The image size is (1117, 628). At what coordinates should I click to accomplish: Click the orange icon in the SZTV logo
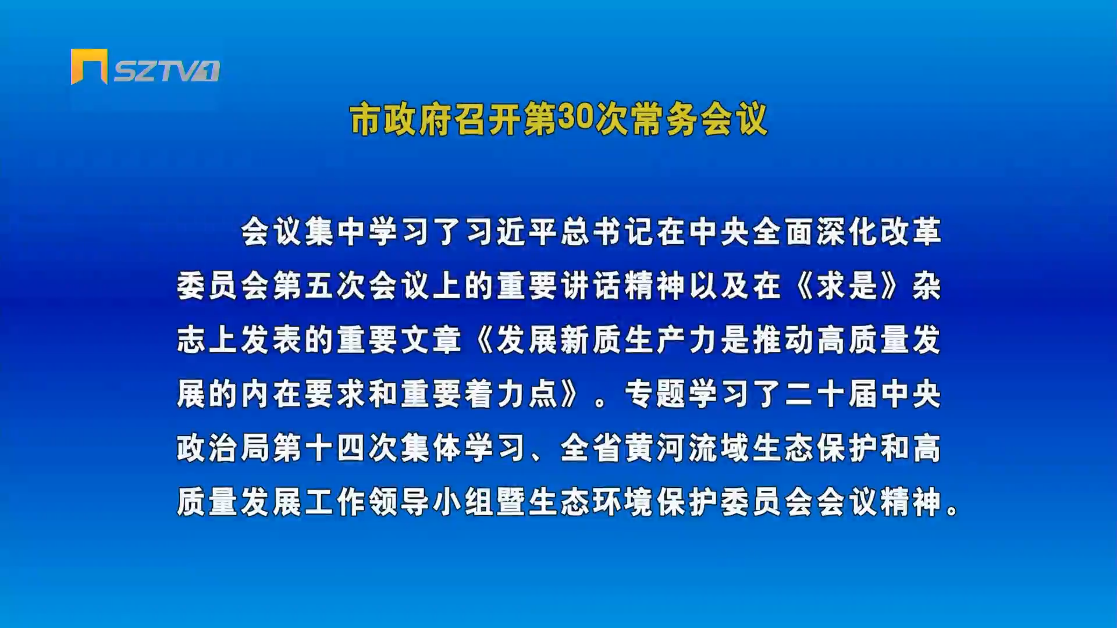click(x=89, y=66)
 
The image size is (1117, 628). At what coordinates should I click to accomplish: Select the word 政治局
click(x=223, y=448)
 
